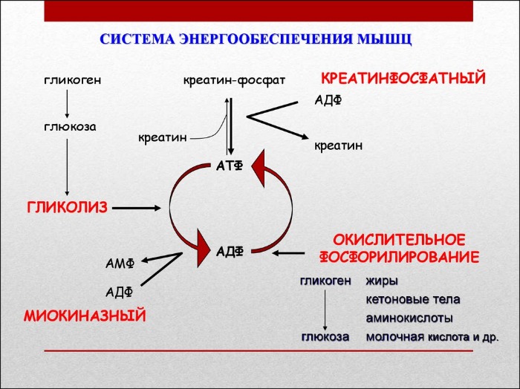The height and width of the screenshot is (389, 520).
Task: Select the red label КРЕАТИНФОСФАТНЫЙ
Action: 403,78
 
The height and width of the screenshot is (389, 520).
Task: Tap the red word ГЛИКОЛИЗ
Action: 68,206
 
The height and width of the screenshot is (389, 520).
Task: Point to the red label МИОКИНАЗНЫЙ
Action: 85,316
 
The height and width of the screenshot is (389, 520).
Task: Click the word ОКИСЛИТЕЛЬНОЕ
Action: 399,241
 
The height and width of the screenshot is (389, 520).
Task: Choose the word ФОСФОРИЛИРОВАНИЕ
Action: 399,257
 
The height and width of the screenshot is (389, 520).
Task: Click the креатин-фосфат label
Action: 234,79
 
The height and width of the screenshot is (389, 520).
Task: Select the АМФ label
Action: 120,264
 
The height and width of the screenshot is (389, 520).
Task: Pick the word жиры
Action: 382,281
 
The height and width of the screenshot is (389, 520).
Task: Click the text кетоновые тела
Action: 412,299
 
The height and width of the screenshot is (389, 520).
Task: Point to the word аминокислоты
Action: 409,318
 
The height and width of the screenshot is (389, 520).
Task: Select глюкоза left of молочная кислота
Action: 325,336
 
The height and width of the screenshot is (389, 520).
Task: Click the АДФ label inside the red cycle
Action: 230,252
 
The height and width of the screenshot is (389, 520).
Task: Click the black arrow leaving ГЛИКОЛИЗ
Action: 138,207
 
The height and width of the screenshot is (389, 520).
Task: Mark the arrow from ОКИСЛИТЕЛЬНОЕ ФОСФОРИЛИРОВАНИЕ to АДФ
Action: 293,252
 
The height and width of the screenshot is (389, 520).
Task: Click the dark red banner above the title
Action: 259,10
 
